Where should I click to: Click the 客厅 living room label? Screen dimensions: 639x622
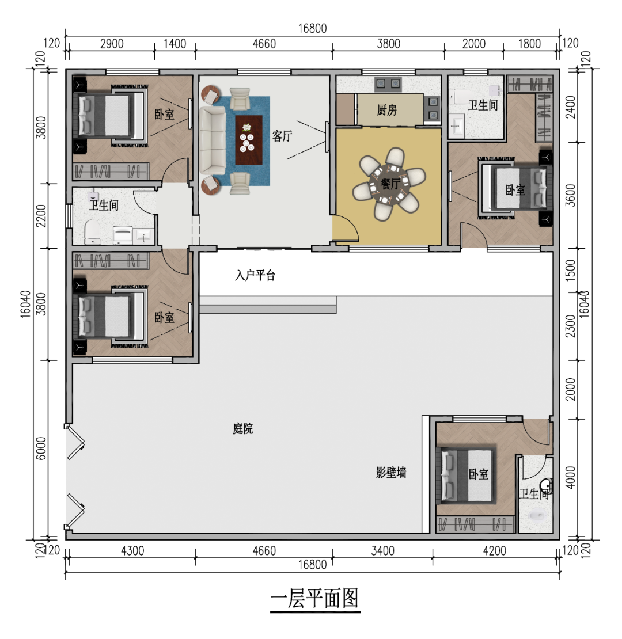[x=282, y=136]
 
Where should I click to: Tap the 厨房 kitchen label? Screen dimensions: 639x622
[x=387, y=110]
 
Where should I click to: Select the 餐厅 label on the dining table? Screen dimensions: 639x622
[x=390, y=184]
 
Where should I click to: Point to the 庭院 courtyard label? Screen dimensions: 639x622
[x=243, y=429]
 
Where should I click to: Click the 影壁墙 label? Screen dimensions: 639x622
[x=392, y=473]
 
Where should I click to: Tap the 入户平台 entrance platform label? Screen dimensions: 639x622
[x=255, y=275]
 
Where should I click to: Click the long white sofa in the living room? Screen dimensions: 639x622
[x=212, y=140]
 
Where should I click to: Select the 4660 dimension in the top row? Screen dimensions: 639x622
[x=264, y=44]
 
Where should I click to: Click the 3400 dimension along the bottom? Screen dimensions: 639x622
[x=383, y=551]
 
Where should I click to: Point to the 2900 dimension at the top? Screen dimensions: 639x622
[x=111, y=44]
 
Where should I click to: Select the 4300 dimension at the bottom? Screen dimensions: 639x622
[x=132, y=551]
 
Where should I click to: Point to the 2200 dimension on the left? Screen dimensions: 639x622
[x=40, y=216]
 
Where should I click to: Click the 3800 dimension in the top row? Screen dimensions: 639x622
[x=388, y=44]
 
